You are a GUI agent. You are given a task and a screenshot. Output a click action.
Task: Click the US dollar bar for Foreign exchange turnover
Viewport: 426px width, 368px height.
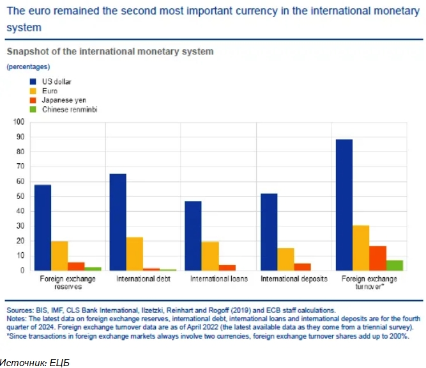[344, 205]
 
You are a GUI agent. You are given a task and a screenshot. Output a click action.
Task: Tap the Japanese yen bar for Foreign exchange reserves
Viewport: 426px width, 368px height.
[76, 266]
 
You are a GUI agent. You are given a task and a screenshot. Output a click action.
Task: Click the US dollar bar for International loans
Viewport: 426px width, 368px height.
[193, 236]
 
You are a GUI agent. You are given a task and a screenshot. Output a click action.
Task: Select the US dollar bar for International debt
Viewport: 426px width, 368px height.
[118, 221]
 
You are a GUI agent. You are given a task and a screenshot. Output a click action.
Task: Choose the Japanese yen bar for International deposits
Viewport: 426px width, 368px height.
[301, 266]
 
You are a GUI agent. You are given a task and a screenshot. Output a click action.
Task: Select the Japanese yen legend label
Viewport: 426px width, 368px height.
[64, 100]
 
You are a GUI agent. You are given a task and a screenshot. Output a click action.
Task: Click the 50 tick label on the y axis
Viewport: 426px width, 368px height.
[20, 196]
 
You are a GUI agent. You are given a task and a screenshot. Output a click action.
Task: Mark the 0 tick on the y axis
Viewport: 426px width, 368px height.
[22, 270]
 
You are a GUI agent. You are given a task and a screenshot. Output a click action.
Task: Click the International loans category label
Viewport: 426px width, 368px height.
[218, 280]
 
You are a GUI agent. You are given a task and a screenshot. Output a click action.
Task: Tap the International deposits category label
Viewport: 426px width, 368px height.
[294, 280]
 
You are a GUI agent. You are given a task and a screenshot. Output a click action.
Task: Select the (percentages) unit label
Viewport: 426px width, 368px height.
[28, 67]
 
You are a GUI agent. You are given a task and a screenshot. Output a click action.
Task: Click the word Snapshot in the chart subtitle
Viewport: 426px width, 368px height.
[27, 51]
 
